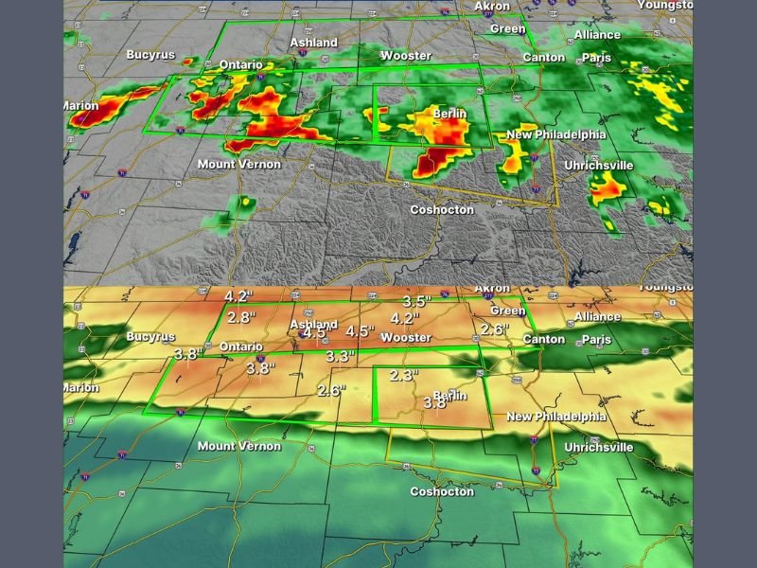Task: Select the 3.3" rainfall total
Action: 340,357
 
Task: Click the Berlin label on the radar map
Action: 450,114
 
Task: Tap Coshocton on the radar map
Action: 442,209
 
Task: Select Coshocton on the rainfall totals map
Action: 442,491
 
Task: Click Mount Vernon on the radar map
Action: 239,164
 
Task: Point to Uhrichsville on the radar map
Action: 599,165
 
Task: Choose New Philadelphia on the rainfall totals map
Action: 556,417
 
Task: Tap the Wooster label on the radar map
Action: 406,56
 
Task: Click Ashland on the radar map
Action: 313,43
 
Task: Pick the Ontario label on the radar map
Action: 240,65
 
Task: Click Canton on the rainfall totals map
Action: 544,339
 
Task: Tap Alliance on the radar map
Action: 597,35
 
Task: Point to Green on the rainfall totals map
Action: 508,311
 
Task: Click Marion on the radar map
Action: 81,105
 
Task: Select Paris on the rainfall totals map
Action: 597,339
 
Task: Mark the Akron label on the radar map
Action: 492,6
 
